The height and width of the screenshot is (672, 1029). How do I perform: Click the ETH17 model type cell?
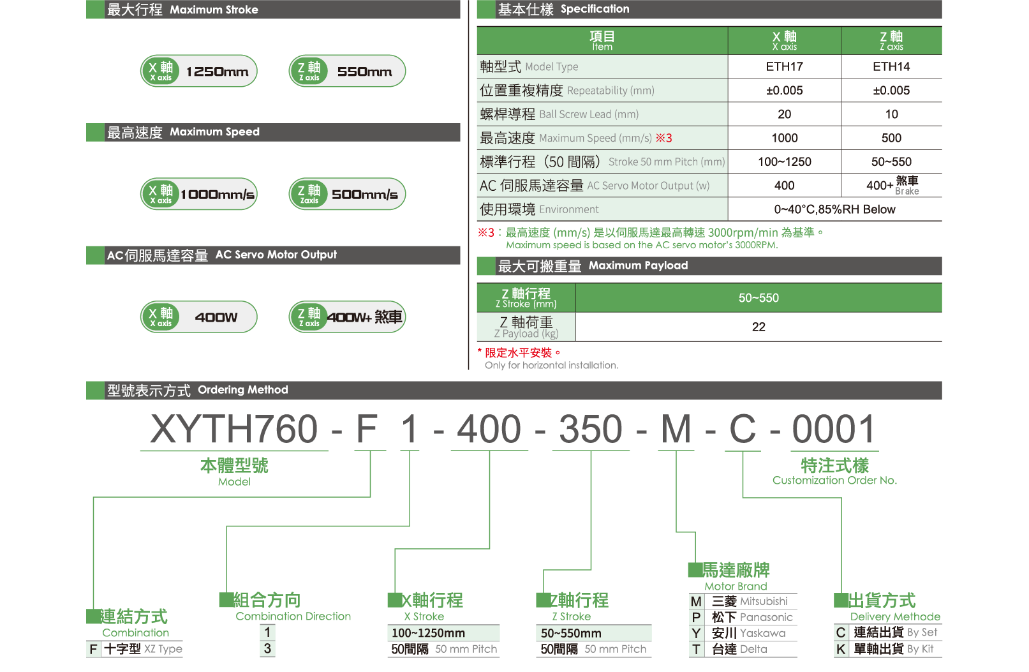tap(784, 66)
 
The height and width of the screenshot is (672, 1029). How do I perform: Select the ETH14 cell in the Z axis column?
tap(891, 66)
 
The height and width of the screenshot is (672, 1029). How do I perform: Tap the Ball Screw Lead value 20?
tap(784, 114)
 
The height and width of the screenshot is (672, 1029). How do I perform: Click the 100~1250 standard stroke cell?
tap(784, 162)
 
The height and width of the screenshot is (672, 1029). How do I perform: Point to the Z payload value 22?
tap(759, 327)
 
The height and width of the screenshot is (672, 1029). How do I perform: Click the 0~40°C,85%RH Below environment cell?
tap(834, 209)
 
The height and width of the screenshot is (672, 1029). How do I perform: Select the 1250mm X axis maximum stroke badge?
tap(198, 71)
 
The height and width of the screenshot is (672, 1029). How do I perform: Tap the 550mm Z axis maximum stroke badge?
tap(347, 71)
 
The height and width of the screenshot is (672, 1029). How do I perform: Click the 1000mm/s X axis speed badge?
tap(198, 194)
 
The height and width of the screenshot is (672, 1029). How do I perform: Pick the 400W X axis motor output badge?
tap(198, 317)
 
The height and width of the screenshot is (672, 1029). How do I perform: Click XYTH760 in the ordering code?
tap(234, 429)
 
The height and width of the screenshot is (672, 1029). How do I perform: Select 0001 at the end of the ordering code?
tap(833, 429)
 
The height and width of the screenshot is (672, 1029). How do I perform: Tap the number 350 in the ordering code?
tap(590, 429)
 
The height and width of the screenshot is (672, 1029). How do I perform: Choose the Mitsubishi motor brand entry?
tap(743, 601)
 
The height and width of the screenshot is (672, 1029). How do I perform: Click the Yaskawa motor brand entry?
tap(743, 633)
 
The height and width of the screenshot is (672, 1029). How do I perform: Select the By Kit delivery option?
tap(887, 649)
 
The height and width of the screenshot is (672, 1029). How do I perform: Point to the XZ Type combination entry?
tap(135, 649)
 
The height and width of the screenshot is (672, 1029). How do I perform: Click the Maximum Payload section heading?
tap(593, 265)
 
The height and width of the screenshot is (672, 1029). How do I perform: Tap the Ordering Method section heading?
tap(198, 390)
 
